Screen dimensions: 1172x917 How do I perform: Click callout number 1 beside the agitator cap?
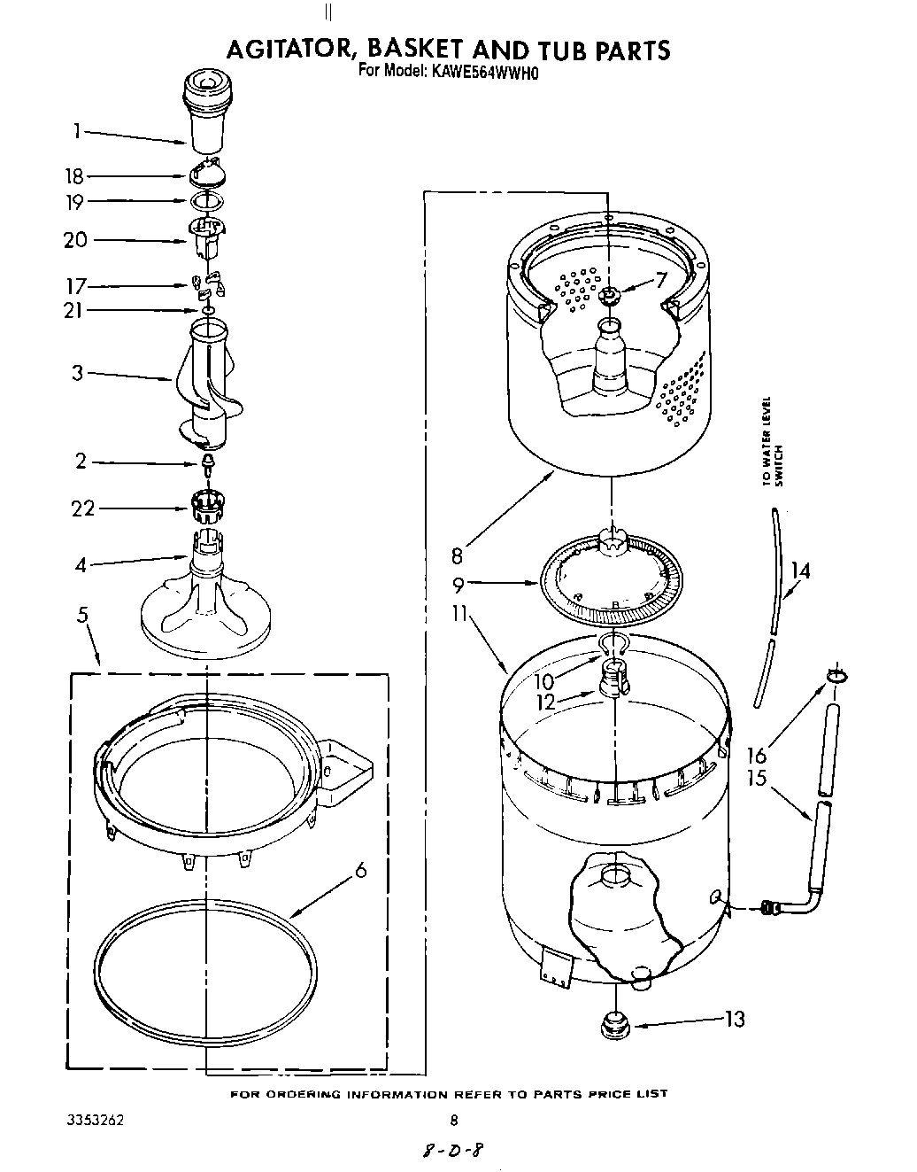(77, 131)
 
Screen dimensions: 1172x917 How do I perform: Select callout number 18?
(77, 175)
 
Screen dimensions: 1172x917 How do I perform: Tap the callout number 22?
(83, 508)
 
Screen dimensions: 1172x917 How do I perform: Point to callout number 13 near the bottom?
(734, 1020)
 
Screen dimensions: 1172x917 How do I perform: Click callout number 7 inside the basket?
(659, 281)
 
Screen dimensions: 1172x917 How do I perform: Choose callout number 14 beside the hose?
(799, 570)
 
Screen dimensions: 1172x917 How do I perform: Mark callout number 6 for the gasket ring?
(360, 871)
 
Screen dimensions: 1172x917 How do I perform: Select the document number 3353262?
(95, 1119)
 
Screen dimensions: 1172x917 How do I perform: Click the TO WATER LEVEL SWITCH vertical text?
(773, 440)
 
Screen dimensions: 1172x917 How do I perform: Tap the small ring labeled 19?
(205, 201)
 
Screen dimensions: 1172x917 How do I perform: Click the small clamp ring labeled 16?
(837, 677)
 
